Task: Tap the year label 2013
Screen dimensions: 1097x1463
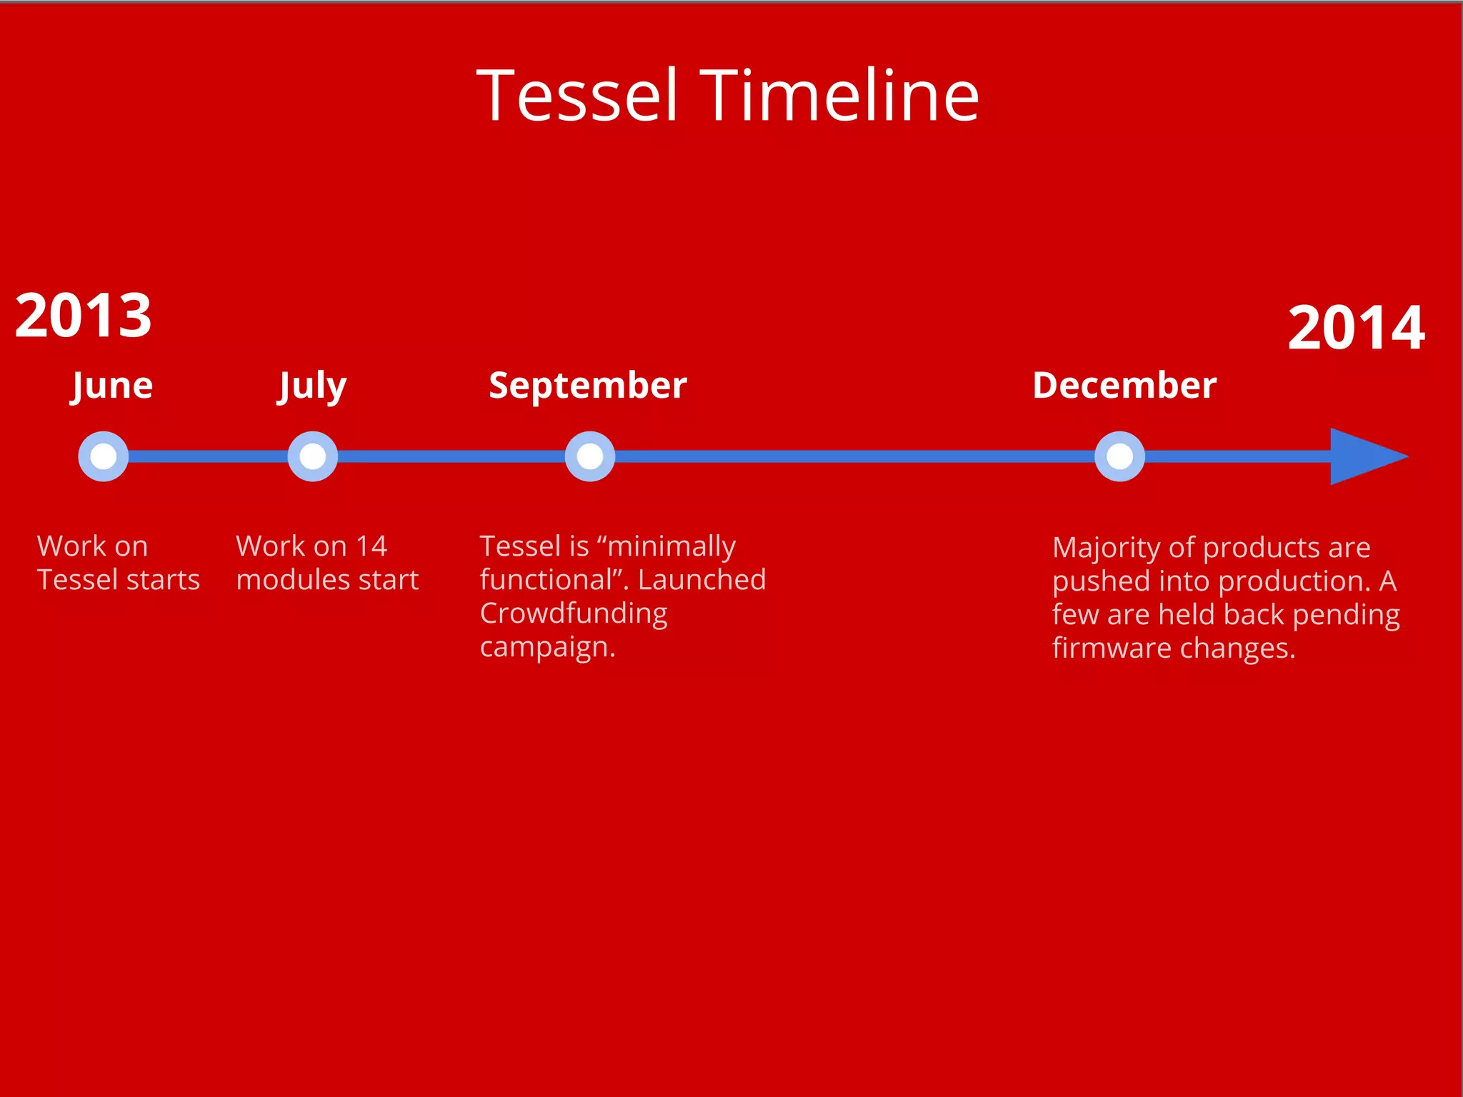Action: pos(83,316)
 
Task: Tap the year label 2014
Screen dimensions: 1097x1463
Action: pos(1356,328)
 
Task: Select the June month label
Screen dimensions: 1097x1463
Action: pos(112,386)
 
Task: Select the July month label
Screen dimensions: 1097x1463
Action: pos(312,386)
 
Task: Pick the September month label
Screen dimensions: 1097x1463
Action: pos(587,386)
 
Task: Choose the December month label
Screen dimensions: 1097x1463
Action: pos(1124,386)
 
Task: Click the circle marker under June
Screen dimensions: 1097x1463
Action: pos(104,456)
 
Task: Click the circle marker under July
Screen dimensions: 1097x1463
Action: pos(312,456)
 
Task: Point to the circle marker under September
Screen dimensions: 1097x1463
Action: pos(589,456)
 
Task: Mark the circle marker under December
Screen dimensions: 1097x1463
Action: pos(1119,456)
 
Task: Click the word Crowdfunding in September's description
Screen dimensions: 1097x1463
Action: pos(573,613)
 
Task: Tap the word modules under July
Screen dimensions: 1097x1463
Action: pos(293,580)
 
